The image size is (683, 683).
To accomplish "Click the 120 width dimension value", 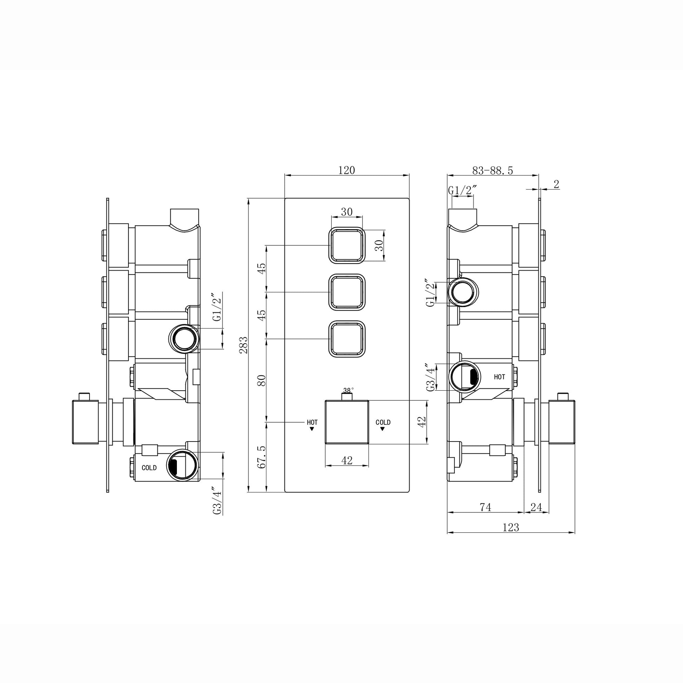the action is [346, 170].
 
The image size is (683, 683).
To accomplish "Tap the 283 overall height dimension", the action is [244, 345].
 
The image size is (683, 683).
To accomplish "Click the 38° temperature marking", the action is [348, 390].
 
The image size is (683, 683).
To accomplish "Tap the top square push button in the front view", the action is [347, 245].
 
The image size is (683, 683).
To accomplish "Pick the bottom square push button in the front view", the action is [347, 339].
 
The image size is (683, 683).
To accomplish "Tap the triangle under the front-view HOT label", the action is [312, 429].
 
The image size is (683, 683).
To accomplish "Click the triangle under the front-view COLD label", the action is [382, 429].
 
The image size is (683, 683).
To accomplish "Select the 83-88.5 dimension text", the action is [492, 171].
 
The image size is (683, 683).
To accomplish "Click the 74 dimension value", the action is [485, 507].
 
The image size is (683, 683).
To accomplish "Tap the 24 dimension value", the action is [536, 507].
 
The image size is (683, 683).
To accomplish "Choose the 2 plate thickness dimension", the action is [556, 184].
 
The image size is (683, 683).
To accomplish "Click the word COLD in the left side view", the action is [149, 468].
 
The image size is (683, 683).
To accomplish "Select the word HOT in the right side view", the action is [499, 377].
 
